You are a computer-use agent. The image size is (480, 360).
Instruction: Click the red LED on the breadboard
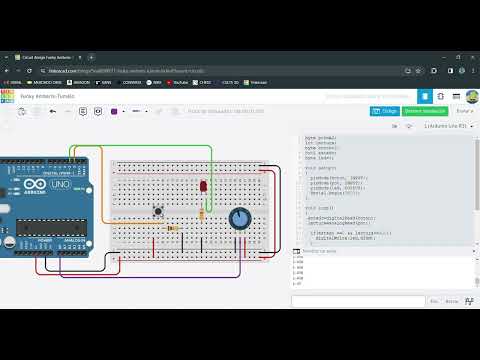click(203, 186)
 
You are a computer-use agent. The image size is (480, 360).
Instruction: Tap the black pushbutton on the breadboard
click(158, 210)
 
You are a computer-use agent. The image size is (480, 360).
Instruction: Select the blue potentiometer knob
click(240, 218)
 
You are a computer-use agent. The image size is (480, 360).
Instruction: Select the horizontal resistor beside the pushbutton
click(173, 228)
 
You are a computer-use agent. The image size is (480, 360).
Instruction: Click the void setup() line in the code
click(321, 169)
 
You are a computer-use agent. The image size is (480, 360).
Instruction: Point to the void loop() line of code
click(320, 207)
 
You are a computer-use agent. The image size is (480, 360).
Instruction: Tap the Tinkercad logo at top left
click(8, 95)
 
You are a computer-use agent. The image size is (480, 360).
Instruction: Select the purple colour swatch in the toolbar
click(114, 111)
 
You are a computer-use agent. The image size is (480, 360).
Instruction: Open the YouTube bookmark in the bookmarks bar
click(181, 82)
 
